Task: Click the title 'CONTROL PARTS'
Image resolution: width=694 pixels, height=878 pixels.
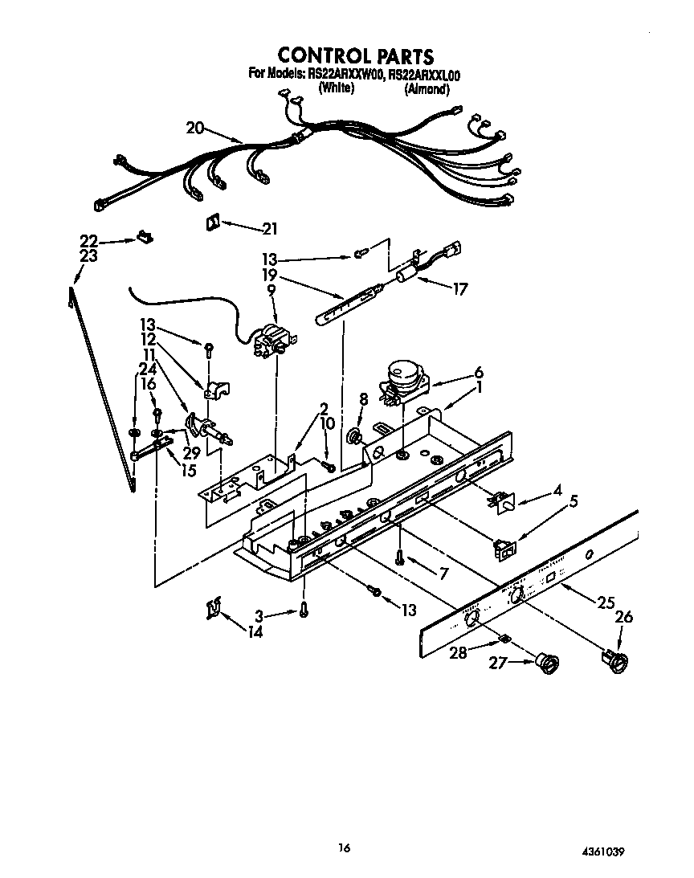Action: coord(355,55)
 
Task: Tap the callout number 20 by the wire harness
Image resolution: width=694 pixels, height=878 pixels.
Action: coord(195,127)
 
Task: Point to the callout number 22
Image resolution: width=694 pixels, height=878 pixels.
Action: coord(88,240)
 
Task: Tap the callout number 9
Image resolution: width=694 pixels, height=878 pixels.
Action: coord(271,291)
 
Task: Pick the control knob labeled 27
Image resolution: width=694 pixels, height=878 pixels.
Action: coord(548,664)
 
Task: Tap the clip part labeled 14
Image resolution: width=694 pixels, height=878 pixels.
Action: coord(210,611)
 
